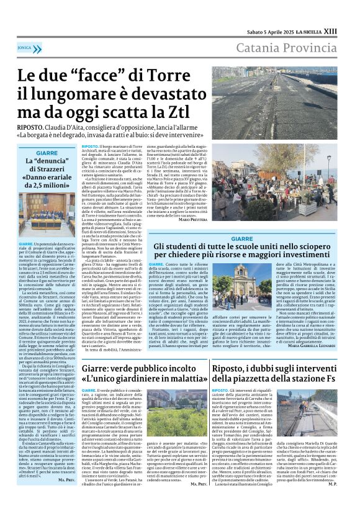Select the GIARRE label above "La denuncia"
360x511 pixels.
47,152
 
